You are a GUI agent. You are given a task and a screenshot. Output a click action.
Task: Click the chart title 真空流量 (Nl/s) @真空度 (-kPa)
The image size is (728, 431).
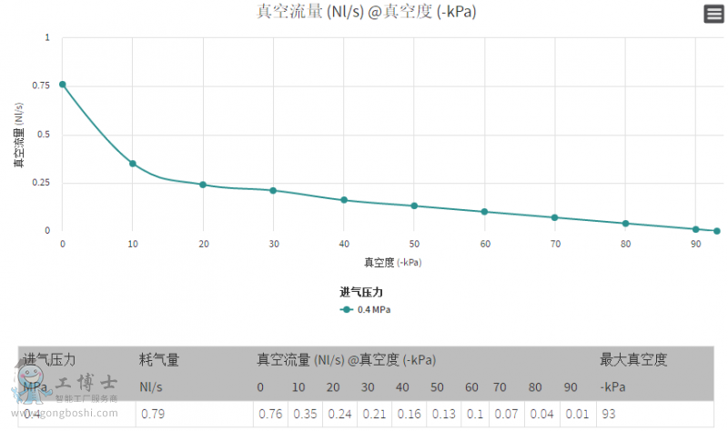click(x=367, y=12)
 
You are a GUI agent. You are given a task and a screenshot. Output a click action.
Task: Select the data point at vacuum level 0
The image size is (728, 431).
click(x=63, y=84)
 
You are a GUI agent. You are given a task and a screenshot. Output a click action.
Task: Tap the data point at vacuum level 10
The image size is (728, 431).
click(x=133, y=164)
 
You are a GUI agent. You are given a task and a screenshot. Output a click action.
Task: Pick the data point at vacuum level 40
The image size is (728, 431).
click(x=344, y=200)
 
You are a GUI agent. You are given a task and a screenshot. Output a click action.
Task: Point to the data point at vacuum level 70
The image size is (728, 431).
click(x=555, y=217)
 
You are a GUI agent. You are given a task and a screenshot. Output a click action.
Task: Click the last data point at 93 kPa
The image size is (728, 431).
click(x=717, y=231)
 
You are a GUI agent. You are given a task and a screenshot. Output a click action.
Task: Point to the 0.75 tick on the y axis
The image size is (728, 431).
click(x=41, y=86)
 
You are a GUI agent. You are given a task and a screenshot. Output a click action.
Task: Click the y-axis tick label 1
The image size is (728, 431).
click(x=47, y=37)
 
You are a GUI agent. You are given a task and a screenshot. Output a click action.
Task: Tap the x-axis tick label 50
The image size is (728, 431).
click(x=414, y=245)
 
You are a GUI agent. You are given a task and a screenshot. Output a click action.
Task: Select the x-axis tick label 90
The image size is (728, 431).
click(x=695, y=245)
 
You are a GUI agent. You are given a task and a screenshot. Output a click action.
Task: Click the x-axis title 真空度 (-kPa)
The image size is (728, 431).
click(x=393, y=263)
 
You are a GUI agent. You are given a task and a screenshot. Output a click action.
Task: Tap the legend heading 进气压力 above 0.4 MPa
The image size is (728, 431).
click(x=361, y=292)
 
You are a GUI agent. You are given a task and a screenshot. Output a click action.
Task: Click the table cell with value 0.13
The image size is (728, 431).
click(x=444, y=415)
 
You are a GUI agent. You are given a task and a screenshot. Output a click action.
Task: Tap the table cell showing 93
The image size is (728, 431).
click(x=608, y=415)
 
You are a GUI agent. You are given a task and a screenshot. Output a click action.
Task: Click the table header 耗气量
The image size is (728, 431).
click(x=159, y=360)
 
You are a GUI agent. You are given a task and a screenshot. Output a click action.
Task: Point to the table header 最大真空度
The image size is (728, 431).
click(x=633, y=360)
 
